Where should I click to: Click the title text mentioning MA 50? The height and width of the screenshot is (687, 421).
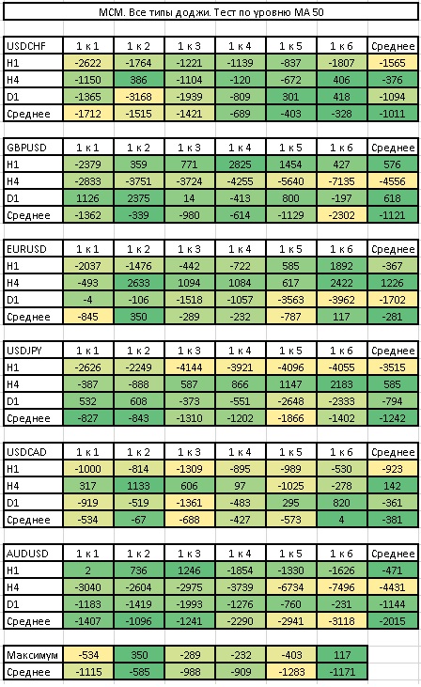click(210, 12)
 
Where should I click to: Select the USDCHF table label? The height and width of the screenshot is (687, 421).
click(26, 46)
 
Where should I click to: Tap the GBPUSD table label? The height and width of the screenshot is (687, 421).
click(26, 148)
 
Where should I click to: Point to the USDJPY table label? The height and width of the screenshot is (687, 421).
click(24, 351)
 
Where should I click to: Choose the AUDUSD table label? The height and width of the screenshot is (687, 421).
click(27, 554)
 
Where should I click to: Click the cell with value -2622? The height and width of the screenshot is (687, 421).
click(88, 63)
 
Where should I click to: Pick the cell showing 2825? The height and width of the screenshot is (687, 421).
click(240, 164)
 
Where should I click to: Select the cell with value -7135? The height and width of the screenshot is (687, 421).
click(342, 181)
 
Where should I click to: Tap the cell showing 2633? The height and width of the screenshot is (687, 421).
click(139, 283)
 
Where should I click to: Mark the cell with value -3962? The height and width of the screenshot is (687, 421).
click(342, 300)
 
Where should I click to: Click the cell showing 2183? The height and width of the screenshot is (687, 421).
click(342, 384)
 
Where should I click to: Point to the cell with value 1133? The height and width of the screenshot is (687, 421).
click(139, 486)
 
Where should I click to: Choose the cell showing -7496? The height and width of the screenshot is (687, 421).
click(342, 587)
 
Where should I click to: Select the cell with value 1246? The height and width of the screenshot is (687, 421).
click(189, 570)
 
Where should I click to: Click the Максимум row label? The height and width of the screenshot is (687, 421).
click(32, 655)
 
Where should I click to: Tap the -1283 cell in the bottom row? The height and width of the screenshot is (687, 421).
click(291, 672)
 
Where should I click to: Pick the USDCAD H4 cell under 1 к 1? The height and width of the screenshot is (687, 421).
click(88, 486)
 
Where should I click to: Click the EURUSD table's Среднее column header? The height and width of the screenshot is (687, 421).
click(393, 249)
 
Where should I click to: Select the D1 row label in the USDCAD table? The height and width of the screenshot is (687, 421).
click(13, 503)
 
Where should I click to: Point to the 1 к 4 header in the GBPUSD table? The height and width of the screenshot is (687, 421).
click(240, 148)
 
